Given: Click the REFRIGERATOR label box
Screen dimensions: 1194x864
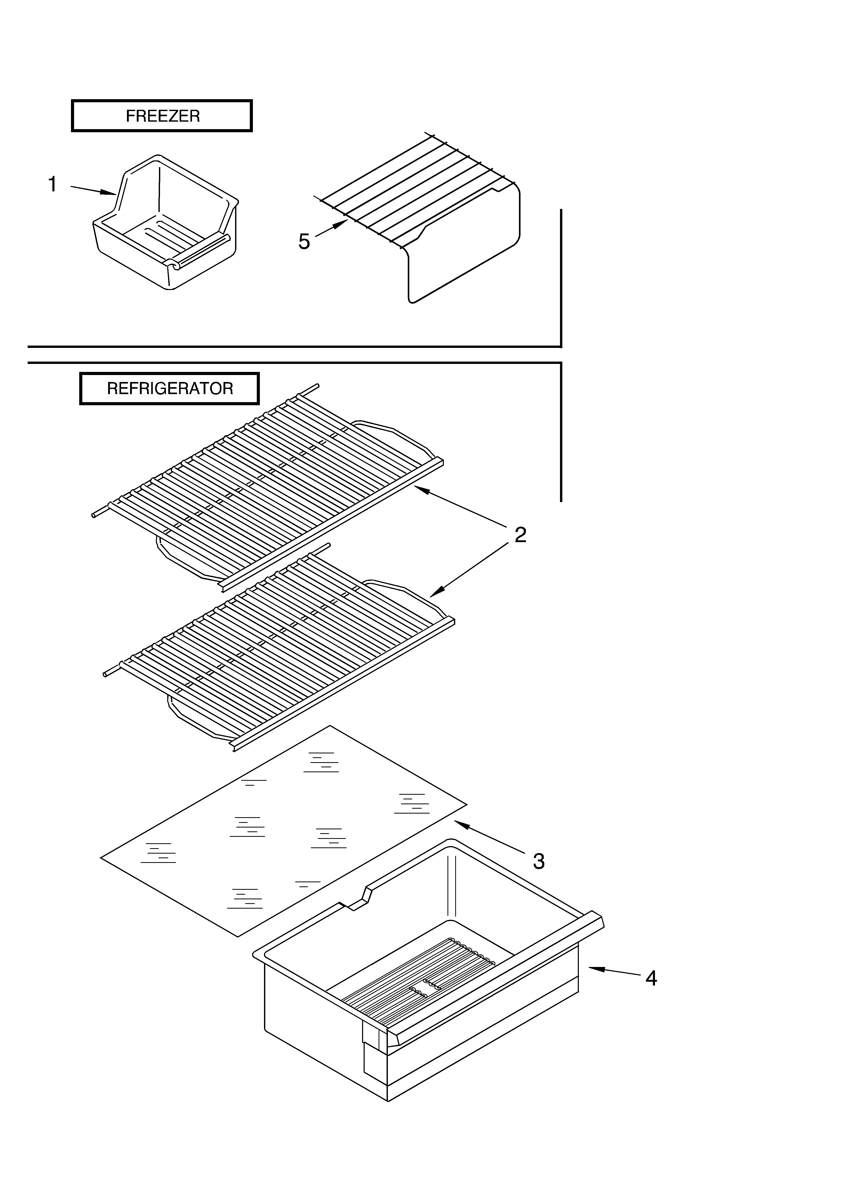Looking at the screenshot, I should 170,388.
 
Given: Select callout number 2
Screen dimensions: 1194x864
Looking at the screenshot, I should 520,535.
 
